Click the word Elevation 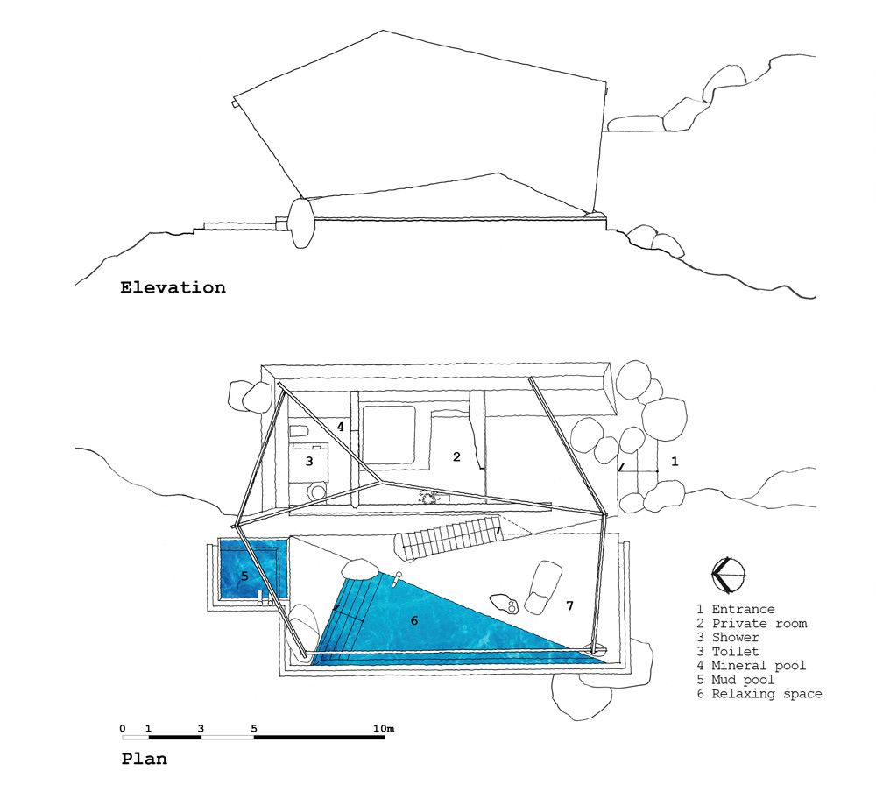(173, 287)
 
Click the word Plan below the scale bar (144, 759)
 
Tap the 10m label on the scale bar (384, 728)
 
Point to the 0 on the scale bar (123, 728)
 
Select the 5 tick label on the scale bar (254, 728)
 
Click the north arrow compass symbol (731, 574)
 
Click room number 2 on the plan (456, 456)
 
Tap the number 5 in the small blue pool (244, 576)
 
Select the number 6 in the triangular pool (414, 620)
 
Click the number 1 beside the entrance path (674, 460)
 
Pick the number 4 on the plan (340, 427)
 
